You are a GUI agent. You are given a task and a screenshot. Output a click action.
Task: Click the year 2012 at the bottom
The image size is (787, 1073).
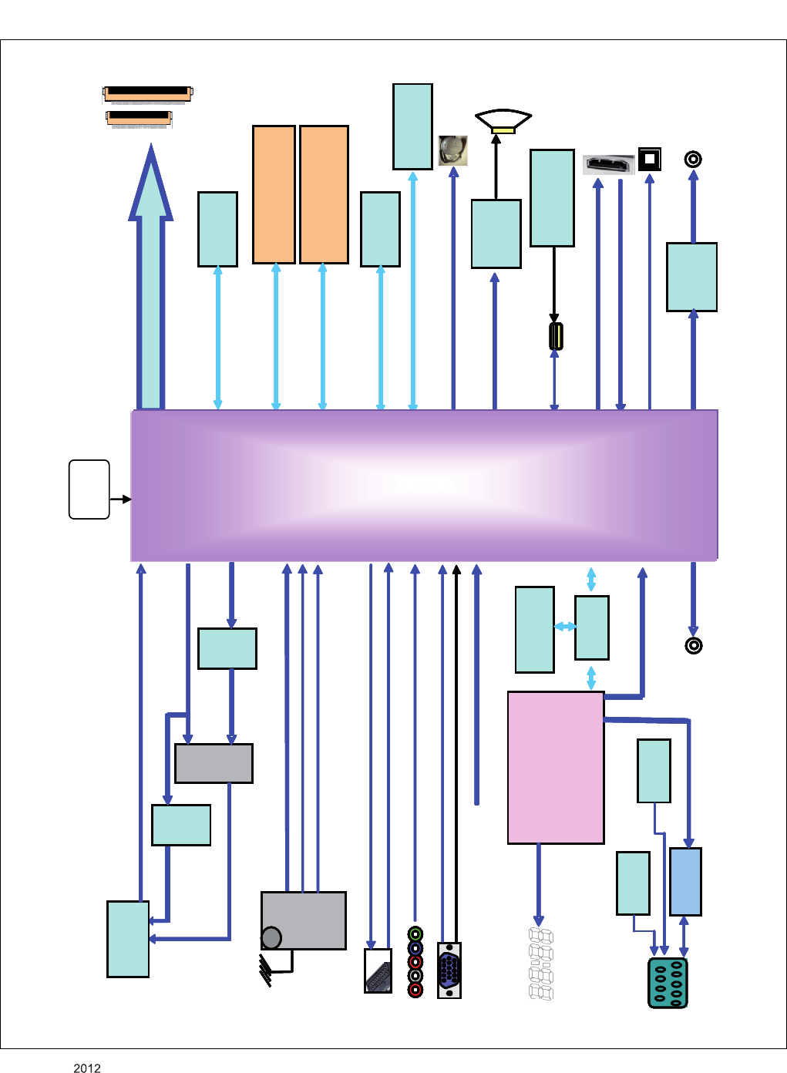pyautogui.click(x=87, y=1068)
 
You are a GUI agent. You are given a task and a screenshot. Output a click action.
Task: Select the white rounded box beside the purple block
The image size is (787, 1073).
pyautogui.click(x=89, y=489)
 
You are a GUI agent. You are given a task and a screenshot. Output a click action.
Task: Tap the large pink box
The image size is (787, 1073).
pyautogui.click(x=556, y=767)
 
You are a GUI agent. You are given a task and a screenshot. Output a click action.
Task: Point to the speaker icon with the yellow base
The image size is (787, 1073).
pyautogui.click(x=503, y=122)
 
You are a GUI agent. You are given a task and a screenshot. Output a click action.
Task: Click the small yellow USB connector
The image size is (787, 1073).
pyautogui.click(x=555, y=336)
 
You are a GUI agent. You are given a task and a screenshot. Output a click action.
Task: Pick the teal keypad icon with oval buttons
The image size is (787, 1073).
pyautogui.click(x=668, y=983)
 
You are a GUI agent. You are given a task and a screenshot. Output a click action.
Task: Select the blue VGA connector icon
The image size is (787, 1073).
pyautogui.click(x=449, y=970)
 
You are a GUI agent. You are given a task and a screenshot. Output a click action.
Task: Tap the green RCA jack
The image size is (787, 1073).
pyautogui.click(x=415, y=934)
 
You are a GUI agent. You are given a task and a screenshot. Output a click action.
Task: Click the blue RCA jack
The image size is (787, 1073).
pyautogui.click(x=415, y=948)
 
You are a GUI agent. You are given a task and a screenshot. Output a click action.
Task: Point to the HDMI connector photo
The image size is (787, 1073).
pyautogui.click(x=608, y=164)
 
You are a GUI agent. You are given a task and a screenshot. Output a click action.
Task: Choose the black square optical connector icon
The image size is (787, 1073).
pyautogui.click(x=650, y=159)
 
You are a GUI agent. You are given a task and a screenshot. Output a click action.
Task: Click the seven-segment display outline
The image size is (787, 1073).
pyautogui.click(x=541, y=964)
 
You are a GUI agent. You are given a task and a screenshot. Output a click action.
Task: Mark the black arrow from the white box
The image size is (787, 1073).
pyautogui.click(x=121, y=499)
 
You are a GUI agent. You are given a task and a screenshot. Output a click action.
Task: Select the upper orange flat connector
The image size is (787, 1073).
pyautogui.click(x=147, y=94)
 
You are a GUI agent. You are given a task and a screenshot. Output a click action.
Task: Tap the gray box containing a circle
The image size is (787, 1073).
pyautogui.click(x=304, y=920)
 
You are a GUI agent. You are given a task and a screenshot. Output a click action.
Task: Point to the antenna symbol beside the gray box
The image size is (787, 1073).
pyautogui.click(x=266, y=970)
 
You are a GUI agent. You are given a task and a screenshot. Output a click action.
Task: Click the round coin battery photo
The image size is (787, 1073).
pyautogui.click(x=453, y=150)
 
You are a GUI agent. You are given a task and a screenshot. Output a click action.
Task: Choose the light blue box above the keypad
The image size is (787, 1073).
pyautogui.click(x=685, y=881)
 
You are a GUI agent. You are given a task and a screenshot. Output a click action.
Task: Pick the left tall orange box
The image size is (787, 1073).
pyautogui.click(x=274, y=194)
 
